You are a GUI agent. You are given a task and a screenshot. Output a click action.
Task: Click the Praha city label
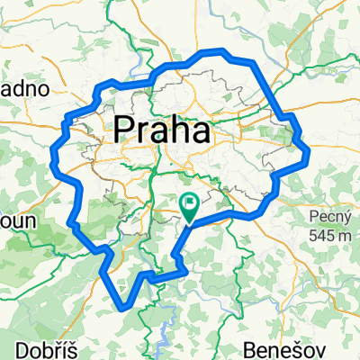click(x=163, y=131)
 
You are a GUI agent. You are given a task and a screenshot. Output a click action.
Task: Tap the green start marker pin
click(x=190, y=206)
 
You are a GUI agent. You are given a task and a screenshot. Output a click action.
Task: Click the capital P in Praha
click(x=125, y=131)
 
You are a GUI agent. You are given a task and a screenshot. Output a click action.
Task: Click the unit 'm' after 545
click(x=342, y=236)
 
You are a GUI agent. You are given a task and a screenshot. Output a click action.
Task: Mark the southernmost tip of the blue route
click(x=121, y=309)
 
